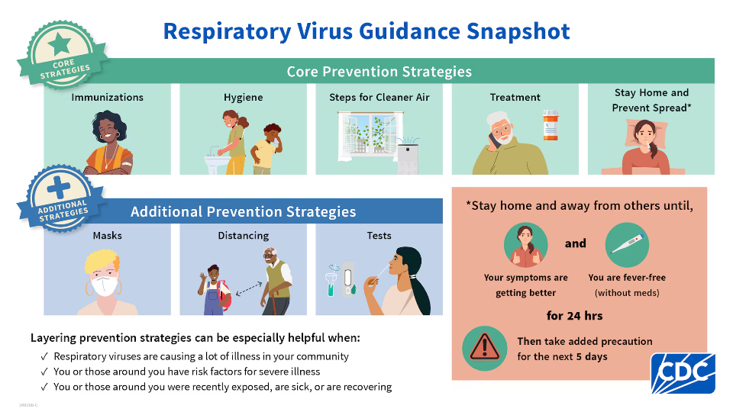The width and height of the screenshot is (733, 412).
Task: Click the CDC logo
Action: [x=683, y=373]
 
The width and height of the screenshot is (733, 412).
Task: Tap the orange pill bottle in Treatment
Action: [x=551, y=125]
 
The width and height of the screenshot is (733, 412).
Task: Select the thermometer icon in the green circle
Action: [x=626, y=246]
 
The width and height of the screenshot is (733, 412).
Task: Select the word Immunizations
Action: [x=107, y=98]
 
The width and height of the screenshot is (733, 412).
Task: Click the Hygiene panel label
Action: [x=243, y=98]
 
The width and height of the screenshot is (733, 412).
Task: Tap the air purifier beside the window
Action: [x=408, y=157]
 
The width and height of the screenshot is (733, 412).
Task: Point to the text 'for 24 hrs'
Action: [x=575, y=315]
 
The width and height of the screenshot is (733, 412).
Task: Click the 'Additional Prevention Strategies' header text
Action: [x=243, y=211]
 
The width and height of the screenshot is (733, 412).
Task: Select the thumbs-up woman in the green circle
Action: [x=525, y=246]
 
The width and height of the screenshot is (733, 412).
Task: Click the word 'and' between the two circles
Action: [x=576, y=243]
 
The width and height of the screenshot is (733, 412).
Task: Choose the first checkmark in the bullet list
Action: [x=44, y=356]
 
